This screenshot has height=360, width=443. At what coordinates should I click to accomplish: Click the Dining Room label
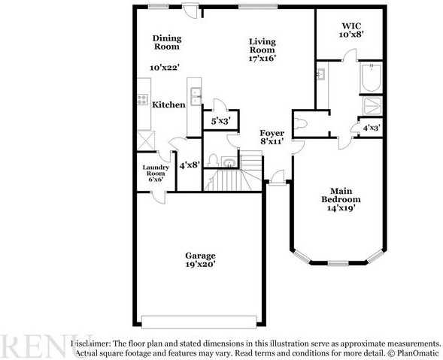[x=167, y=42]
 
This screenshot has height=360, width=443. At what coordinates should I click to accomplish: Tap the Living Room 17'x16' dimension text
[x=262, y=59]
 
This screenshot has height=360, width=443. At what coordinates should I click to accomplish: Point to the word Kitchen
[x=168, y=105]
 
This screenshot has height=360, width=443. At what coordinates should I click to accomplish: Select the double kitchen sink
[x=195, y=95]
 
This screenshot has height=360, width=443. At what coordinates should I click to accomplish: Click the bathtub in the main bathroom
[x=371, y=78]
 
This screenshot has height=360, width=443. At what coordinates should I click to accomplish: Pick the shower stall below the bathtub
[x=371, y=104]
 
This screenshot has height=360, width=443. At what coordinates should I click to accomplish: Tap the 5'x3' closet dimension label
[x=220, y=120]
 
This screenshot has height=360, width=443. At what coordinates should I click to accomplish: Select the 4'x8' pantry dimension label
[x=188, y=163]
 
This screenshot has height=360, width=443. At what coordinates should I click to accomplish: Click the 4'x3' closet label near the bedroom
[x=370, y=128]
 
